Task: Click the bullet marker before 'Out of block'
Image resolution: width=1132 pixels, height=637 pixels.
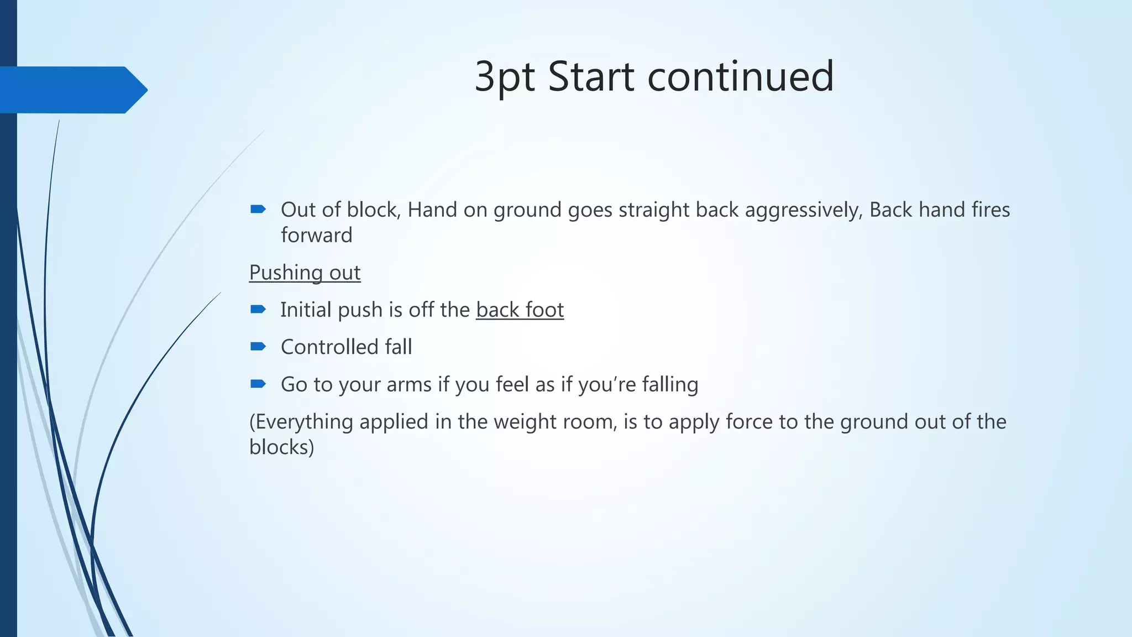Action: (258, 209)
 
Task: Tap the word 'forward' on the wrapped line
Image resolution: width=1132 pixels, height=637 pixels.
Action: (316, 236)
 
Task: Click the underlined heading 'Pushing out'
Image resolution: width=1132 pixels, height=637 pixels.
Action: (305, 273)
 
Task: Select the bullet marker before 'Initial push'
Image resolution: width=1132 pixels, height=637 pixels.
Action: (258, 309)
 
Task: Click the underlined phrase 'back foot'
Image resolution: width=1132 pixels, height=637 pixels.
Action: (520, 310)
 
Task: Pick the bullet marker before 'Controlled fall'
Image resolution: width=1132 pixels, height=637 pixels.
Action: (258, 347)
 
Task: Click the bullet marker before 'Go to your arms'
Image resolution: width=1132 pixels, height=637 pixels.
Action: (258, 384)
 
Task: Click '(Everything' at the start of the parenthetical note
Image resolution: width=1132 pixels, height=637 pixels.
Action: (301, 422)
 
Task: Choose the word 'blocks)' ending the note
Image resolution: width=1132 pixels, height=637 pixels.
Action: (281, 447)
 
